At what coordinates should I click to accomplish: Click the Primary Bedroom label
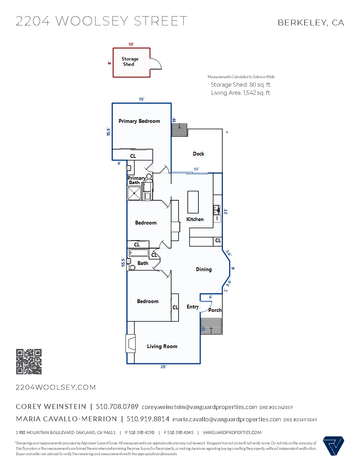139,121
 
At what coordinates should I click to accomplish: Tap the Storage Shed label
130,62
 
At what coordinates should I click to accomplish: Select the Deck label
198,154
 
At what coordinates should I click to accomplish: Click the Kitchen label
195,219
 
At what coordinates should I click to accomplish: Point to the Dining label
204,269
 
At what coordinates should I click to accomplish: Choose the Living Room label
162,346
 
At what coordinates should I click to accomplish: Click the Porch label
215,310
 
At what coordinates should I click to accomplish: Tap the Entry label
193,307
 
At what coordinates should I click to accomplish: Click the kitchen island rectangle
193,202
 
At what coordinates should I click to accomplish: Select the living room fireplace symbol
131,343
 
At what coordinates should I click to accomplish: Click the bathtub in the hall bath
139,253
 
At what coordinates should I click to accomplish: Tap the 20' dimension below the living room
163,367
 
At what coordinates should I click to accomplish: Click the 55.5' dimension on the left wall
123,262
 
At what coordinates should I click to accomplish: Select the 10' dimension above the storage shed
131,44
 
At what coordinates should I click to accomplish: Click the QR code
29,362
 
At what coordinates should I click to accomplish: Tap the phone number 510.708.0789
117,407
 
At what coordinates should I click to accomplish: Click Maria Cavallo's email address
226,419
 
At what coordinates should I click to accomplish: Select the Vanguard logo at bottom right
333,446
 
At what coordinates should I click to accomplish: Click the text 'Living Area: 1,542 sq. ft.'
241,93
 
